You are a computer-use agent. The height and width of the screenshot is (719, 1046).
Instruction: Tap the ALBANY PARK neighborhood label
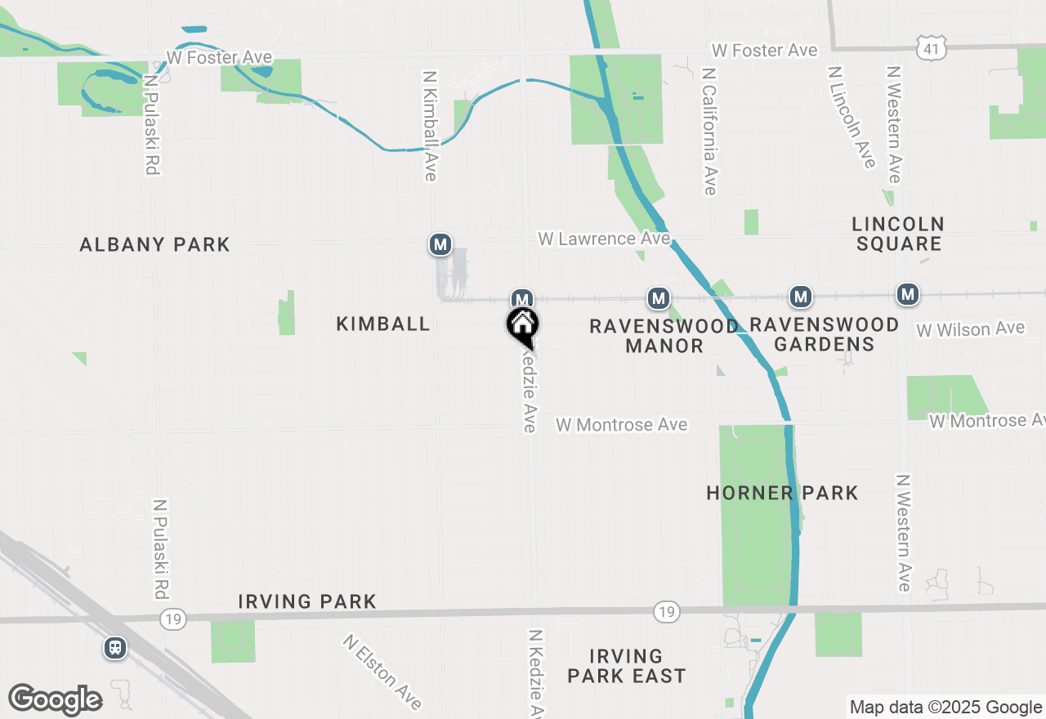154,244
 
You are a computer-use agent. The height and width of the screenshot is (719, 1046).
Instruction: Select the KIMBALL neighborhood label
383,324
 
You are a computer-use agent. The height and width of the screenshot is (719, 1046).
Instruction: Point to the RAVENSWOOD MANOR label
664,336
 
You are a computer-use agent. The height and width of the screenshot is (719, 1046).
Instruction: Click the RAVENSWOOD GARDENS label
824,334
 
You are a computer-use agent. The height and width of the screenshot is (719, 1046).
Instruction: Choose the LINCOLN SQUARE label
898,233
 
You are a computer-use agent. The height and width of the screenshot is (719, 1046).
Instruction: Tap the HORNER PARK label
782,493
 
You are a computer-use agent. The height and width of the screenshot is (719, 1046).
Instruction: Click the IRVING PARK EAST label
626,666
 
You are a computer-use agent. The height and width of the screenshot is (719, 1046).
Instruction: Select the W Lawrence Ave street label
604,239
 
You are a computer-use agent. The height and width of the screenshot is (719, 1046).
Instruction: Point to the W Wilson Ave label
970,329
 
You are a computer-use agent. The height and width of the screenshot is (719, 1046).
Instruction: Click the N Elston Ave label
382,672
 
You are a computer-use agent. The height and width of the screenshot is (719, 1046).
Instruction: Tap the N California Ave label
709,131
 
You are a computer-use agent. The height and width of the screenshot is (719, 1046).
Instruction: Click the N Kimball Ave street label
430,124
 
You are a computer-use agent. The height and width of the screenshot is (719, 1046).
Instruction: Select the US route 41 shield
931,47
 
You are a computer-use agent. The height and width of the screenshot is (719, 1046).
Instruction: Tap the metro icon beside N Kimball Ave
440,243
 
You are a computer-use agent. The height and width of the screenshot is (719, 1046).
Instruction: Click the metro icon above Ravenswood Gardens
801,296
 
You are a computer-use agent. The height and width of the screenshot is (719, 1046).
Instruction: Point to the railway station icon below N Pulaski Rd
115,648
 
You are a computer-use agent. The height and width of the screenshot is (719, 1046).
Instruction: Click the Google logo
55,699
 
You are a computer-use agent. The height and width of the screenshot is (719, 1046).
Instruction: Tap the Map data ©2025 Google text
945,708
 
